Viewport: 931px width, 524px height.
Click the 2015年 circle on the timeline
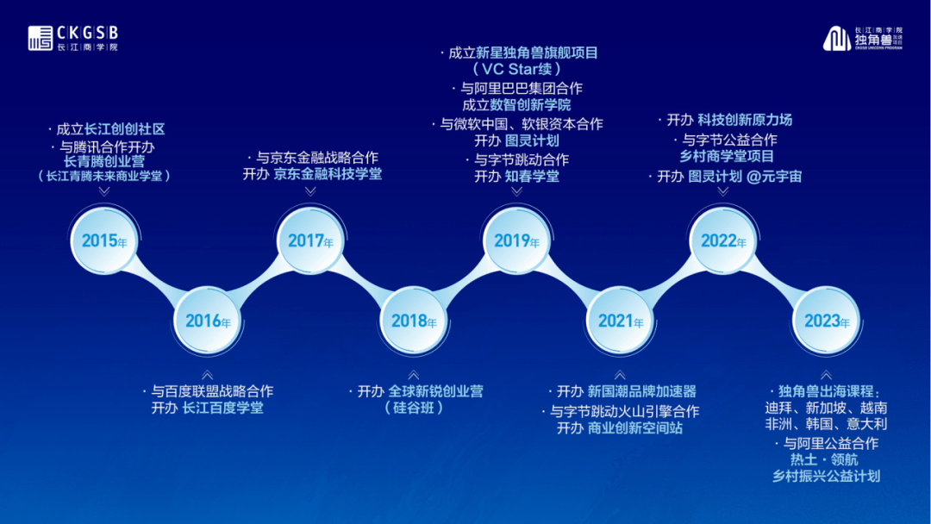[104, 240]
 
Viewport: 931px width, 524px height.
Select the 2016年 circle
[207, 321]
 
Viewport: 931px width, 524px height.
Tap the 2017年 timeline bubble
[310, 240]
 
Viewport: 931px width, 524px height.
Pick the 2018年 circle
[413, 321]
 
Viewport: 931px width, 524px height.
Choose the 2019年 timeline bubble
[516, 240]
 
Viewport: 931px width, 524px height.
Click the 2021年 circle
[620, 321]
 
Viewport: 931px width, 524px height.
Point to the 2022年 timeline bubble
[723, 240]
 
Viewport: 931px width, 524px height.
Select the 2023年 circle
[827, 321]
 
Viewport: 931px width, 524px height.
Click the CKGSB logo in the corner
[73, 38]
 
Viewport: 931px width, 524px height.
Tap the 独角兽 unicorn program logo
[863, 38]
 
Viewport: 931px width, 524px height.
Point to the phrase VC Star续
[517, 69]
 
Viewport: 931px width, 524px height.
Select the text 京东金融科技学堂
[328, 174]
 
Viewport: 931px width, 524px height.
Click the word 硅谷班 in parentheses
[414, 408]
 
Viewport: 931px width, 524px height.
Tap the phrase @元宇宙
[774, 177]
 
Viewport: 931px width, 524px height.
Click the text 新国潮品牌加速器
[642, 391]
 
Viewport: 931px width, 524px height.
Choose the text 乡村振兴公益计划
[827, 476]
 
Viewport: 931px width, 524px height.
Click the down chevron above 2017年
[310, 191]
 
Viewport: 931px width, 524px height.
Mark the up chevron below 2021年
[620, 375]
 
